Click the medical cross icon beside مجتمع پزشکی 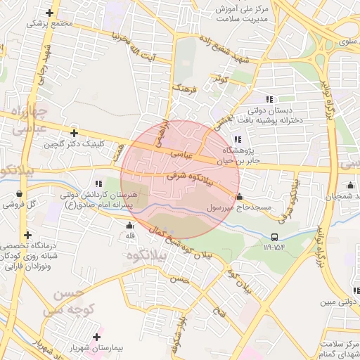(x=49, y=13)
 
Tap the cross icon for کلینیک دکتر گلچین (x=74, y=132)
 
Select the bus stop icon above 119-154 (x=274, y=237)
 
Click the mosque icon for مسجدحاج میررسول (x=239, y=197)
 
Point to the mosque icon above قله (x=129, y=226)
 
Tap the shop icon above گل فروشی (x=18, y=193)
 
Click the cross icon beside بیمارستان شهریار (x=97, y=337)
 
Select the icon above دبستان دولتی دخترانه (x=269, y=99)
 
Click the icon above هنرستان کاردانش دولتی (x=98, y=183)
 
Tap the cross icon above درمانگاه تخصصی (x=27, y=235)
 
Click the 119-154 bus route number (x=275, y=247)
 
